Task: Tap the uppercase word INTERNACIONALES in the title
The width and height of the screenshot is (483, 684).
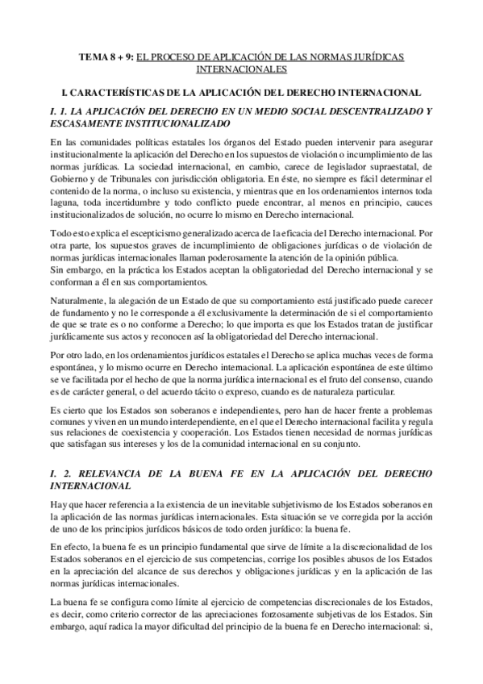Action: click(241, 69)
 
